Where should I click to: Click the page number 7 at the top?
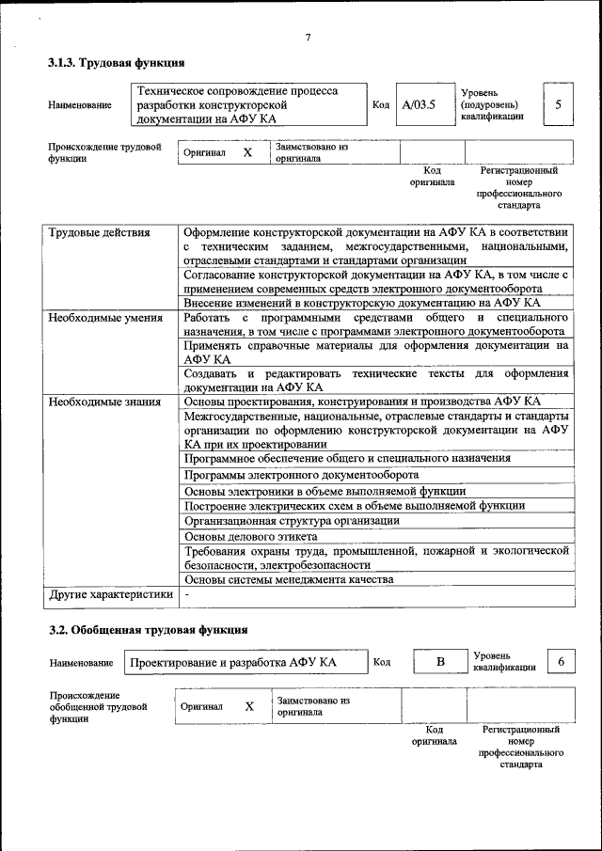(x=308, y=37)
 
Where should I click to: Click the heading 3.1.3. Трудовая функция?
(x=116, y=63)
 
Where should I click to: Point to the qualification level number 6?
(x=561, y=662)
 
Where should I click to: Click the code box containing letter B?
(x=438, y=662)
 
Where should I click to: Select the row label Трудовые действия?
(x=99, y=232)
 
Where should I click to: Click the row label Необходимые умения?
(x=106, y=318)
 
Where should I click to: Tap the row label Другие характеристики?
(x=111, y=594)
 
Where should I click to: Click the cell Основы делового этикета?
(x=251, y=536)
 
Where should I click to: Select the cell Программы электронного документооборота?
(x=301, y=475)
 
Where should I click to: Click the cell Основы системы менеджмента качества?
(x=289, y=579)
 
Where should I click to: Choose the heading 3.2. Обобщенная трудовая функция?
(x=149, y=628)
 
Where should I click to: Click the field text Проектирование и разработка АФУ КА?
(x=233, y=663)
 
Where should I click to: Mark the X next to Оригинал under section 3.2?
(x=249, y=706)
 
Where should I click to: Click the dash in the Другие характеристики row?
(x=187, y=594)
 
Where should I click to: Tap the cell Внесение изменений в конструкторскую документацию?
(x=361, y=303)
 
